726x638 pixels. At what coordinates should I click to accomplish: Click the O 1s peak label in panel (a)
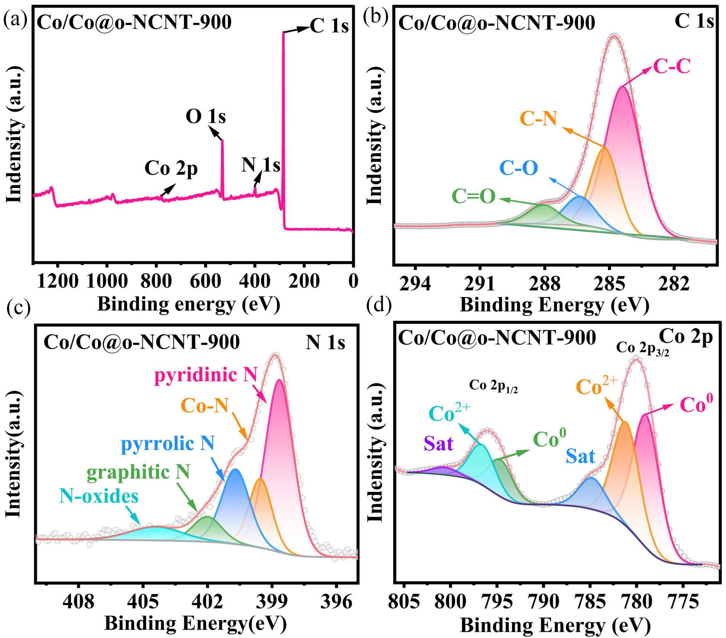pos(205,117)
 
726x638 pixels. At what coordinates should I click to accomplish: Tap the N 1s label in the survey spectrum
pos(261,165)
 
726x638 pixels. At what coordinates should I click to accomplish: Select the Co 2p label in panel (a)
pos(171,168)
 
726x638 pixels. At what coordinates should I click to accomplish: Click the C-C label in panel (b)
pos(672,66)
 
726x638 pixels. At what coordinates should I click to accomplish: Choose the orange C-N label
pos(538,118)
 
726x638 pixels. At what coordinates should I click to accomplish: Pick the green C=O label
pos(473,196)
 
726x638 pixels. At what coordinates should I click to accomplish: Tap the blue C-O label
pos(518,168)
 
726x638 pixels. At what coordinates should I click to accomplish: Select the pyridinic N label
pos(206,375)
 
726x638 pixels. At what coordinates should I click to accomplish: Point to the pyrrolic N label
pos(168,444)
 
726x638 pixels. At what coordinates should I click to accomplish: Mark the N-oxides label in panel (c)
pos(99,496)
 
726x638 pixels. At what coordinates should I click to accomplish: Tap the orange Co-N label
pos(204,406)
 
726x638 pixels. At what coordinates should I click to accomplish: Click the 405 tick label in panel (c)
pos(143,601)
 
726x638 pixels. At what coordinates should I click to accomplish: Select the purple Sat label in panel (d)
pos(439,443)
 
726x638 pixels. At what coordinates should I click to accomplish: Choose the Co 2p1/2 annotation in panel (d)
pos(493,386)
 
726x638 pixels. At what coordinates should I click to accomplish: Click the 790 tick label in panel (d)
pos(543,601)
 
